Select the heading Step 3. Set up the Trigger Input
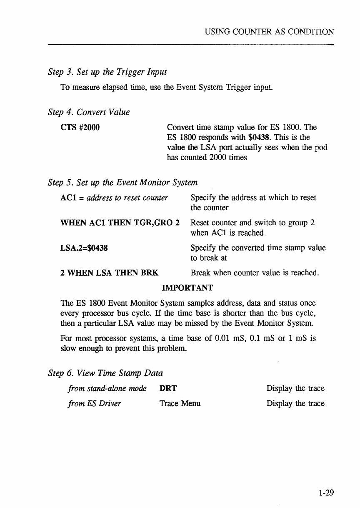pyautogui.click(x=107, y=72)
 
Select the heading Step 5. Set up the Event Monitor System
pyautogui.click(x=122, y=182)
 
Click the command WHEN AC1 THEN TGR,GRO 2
pyautogui.click(x=120, y=223)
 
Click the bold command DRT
pyautogui.click(x=168, y=389)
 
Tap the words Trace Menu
pyautogui.click(x=180, y=404)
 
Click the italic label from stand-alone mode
pyautogui.click(x=107, y=389)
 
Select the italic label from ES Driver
pyautogui.click(x=94, y=404)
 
